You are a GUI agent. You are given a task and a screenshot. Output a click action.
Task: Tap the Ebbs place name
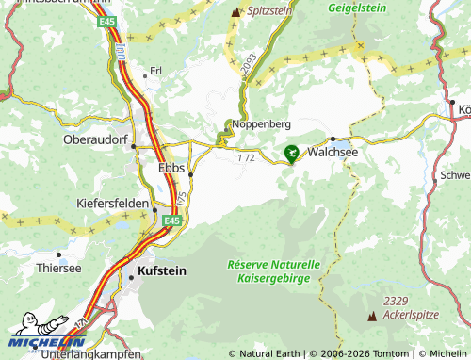tap(170, 167)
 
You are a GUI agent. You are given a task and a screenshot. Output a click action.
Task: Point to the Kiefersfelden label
tap(113, 203)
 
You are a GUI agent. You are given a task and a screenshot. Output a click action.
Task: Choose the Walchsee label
tap(336, 150)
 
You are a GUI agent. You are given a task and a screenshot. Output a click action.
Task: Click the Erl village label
tap(155, 71)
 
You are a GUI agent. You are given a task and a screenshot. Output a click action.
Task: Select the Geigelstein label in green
tap(358, 8)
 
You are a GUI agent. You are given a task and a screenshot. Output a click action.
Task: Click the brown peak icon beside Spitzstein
tap(235, 11)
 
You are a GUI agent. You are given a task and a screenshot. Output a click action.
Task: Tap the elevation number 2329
tap(396, 301)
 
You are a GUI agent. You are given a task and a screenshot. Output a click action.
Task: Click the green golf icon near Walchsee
tap(292, 151)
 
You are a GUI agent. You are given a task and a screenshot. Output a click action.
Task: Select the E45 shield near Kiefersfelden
tap(171, 221)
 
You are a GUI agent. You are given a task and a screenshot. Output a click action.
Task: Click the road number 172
tap(246, 158)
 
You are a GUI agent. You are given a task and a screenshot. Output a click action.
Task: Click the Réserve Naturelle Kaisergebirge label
tap(274, 271)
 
